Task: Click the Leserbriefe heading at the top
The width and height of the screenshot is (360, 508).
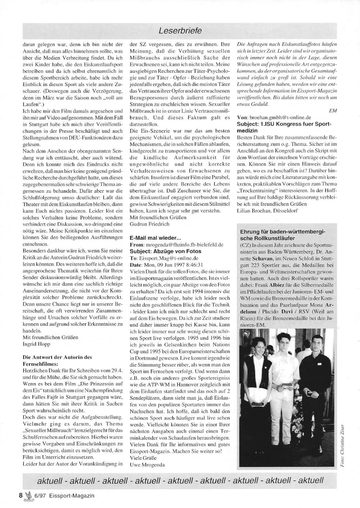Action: pos(180,31)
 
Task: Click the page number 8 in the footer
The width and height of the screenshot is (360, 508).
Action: pos(21,495)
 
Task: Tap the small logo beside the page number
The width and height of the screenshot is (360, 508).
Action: pos(28,495)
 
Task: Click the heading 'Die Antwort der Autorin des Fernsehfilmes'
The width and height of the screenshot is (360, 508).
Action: pos(57,360)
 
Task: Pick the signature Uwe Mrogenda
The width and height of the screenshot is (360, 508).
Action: pos(147,464)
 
